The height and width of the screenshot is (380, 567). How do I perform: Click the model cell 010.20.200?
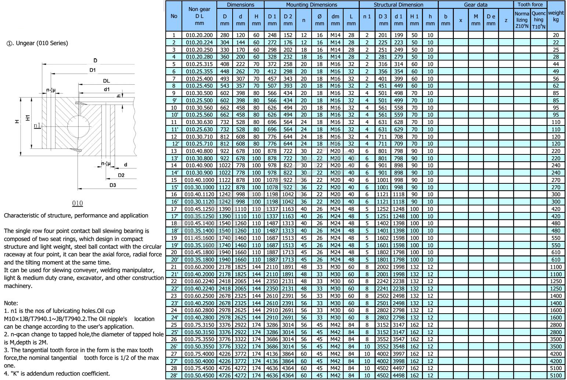[199, 35]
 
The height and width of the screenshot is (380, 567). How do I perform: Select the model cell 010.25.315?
[199, 64]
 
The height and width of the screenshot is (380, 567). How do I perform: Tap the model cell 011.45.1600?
[199, 238]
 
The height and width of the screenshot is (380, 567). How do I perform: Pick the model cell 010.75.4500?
[199, 368]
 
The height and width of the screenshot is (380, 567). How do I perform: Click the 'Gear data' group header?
[476, 5]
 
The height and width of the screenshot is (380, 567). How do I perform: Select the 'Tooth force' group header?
[530, 5]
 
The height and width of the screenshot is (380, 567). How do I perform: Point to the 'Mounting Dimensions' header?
[311, 5]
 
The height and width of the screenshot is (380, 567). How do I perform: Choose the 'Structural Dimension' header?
[398, 5]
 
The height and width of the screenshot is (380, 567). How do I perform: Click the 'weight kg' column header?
[556, 16]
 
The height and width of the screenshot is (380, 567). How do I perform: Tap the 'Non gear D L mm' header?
[199, 16]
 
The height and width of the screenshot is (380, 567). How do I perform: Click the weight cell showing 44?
[556, 64]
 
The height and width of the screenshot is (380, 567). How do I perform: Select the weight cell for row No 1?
[556, 35]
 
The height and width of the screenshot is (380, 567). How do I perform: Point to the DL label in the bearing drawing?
[106, 81]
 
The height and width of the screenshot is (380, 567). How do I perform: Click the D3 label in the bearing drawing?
[112, 185]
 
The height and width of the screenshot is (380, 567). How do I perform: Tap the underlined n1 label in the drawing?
[37, 126]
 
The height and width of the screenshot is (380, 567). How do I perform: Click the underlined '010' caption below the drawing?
[78, 203]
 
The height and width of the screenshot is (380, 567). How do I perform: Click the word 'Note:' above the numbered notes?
[11, 303]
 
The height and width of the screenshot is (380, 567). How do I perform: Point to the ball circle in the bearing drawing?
[78, 125]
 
